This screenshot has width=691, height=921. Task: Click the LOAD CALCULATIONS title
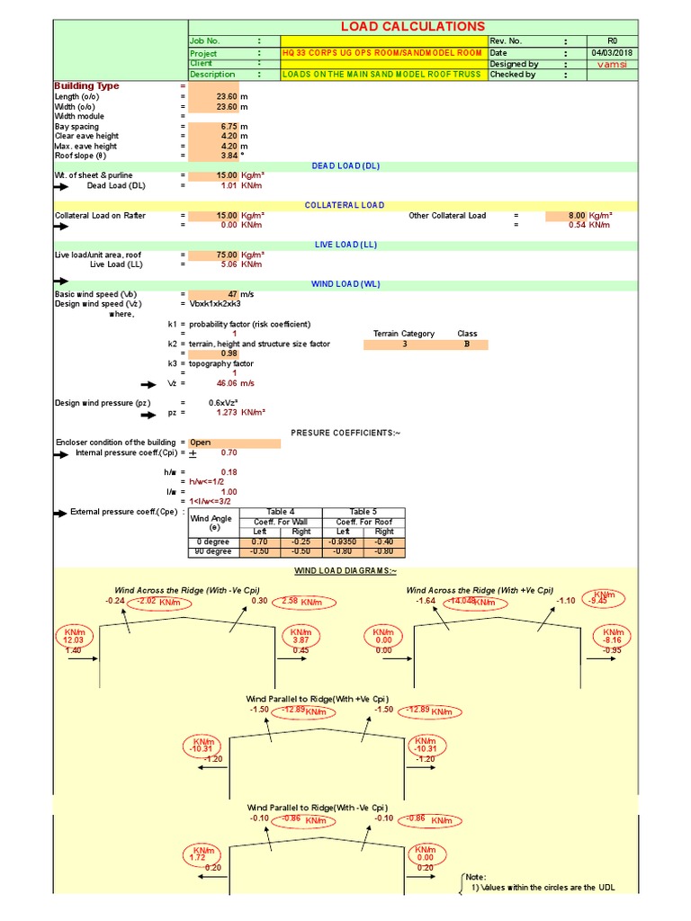click(413, 27)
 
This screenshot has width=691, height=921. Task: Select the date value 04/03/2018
click(612, 53)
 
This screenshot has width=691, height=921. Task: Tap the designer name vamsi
click(612, 65)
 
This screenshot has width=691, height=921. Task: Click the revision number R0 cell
click(612, 41)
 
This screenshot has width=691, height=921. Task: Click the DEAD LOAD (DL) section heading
click(345, 166)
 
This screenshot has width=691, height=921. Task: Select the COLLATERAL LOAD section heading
click(345, 206)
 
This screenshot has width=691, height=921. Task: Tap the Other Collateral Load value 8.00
click(576, 216)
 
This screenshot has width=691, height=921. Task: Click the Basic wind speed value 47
click(231, 294)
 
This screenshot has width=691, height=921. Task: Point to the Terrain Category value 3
click(405, 344)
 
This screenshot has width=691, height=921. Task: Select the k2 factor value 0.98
click(228, 353)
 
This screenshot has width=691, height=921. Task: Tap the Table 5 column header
click(363, 512)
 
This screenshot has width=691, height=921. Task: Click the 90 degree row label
click(214, 551)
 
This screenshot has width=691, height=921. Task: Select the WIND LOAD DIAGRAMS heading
click(345, 572)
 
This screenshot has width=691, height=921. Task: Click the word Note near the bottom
click(476, 877)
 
